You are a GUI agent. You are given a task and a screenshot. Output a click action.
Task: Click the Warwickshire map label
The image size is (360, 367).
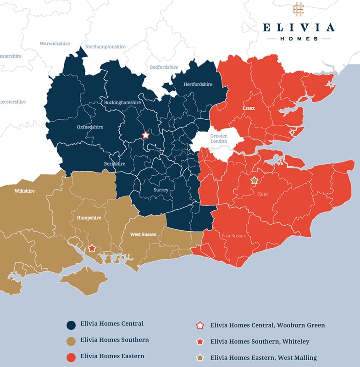(x=55, y=44)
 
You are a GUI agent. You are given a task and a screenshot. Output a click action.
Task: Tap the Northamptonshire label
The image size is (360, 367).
(x=105, y=47)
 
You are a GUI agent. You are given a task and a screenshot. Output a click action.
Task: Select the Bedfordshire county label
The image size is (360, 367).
(x=164, y=67)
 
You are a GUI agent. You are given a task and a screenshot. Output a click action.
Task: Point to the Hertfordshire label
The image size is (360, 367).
(x=198, y=84)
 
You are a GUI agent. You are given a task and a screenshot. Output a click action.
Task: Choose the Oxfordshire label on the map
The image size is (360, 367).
(x=90, y=127)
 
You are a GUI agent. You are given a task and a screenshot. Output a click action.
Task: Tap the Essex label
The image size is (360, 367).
(x=249, y=109)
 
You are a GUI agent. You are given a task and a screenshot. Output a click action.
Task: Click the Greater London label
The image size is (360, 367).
(x=219, y=139)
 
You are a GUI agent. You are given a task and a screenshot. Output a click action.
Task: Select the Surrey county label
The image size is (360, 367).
(x=161, y=190)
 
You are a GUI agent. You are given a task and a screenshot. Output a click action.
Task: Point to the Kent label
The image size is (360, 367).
(x=263, y=194)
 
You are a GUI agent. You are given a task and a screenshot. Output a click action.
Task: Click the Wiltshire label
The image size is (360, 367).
(x=24, y=190)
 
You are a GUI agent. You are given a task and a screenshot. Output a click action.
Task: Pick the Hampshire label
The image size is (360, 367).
(x=89, y=218)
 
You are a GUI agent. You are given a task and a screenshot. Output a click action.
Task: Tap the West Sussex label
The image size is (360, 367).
(x=143, y=234)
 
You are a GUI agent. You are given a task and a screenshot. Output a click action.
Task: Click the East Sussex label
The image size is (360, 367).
(x=233, y=236)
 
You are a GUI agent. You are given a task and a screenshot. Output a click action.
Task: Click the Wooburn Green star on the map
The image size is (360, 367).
(x=146, y=135)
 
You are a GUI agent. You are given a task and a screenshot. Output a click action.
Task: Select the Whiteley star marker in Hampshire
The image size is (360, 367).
(x=92, y=248)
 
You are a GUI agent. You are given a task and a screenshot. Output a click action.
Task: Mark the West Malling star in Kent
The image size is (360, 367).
(x=254, y=181)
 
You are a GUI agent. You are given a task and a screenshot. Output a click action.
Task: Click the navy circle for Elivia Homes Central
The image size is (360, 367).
(x=71, y=325)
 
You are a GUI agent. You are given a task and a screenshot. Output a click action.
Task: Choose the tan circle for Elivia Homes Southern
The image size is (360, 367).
(x=71, y=341)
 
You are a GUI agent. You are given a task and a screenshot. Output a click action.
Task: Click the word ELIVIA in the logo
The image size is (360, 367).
(x=299, y=28)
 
